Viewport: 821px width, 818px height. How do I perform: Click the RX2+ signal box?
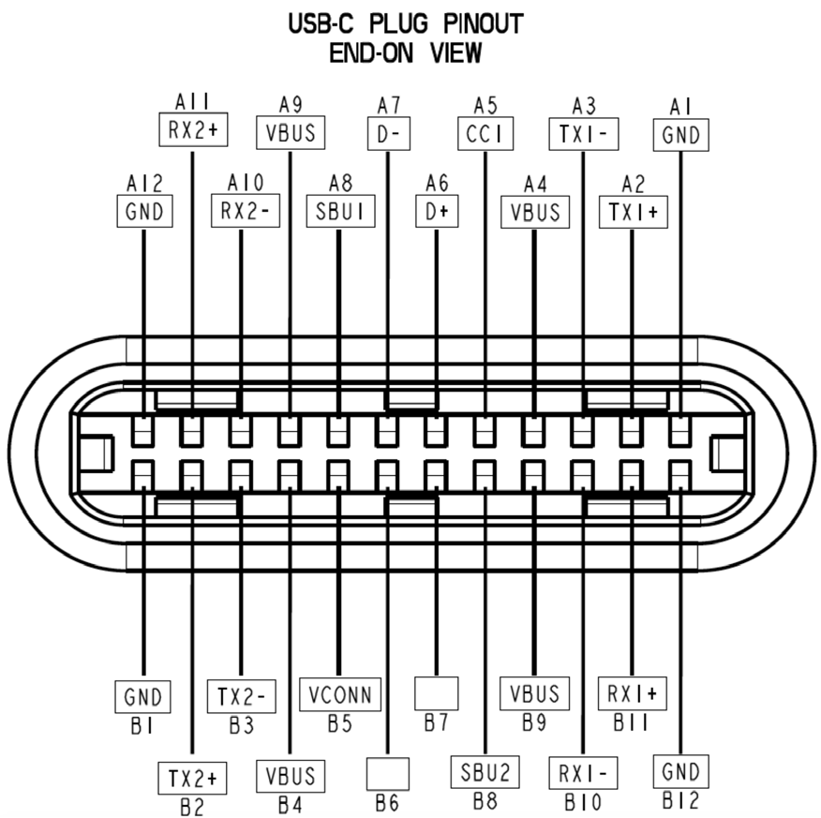pos(192,130)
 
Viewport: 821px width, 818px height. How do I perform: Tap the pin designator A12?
pos(143,181)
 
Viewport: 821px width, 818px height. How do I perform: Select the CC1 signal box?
pos(485,135)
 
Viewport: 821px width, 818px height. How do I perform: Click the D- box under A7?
pos(388,135)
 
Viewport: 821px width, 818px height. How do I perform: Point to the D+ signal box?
pos(437,212)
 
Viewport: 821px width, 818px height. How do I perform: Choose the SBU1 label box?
pos(338,212)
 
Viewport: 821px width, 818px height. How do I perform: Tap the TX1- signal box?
pos(583,135)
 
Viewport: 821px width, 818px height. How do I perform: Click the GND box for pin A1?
pos(680,135)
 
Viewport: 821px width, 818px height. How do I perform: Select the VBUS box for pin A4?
pos(534,212)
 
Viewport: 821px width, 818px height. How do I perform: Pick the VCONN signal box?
pos(340,695)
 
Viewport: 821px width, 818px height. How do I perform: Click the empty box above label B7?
pos(437,693)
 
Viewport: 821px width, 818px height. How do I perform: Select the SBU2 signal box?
pos(485,773)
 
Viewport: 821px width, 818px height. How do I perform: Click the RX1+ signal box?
pos(632,694)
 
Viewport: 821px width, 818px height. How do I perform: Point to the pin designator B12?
pos(679,802)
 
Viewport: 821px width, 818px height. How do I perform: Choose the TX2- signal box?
pos(241,697)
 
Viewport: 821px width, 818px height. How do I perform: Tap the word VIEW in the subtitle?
pos(455,53)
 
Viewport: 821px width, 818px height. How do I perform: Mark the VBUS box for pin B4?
pos(291,776)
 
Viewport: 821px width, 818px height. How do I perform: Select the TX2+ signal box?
pos(192,778)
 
